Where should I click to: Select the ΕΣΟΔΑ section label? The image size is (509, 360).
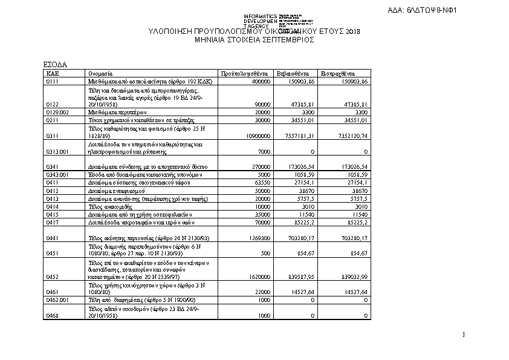[55, 64]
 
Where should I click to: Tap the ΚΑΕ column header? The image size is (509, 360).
[53, 73]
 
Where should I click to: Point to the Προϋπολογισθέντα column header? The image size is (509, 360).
[241, 73]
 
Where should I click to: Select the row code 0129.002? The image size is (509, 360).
[57, 112]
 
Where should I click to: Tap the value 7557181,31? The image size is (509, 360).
[300, 136]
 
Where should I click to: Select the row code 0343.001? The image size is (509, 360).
[57, 175]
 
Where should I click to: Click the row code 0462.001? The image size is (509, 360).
[57, 300]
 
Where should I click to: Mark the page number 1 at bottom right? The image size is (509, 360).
[463, 335]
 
